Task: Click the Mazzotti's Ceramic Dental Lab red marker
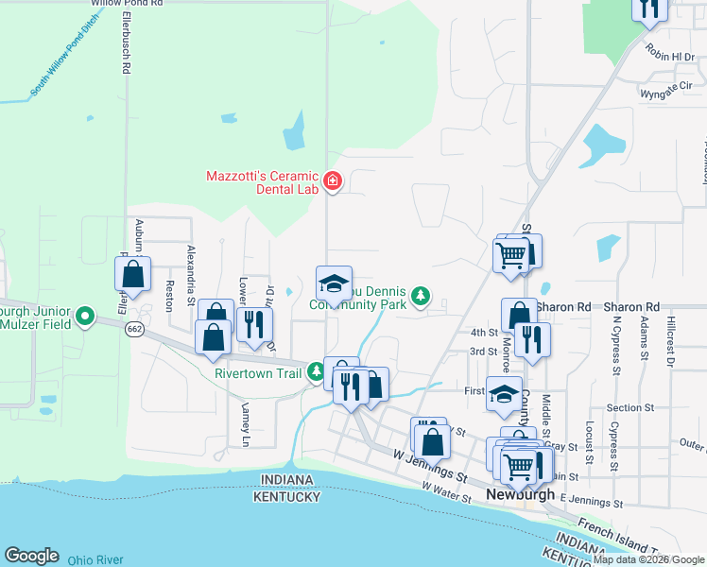pyautogui.click(x=332, y=181)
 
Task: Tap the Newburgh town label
pyautogui.click(x=519, y=494)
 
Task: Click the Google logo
pyautogui.click(x=31, y=556)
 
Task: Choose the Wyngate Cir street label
pyautogui.click(x=665, y=90)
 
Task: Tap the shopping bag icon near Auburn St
pyautogui.click(x=133, y=275)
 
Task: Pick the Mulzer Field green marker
pyautogui.click(x=84, y=316)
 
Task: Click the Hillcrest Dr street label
pyautogui.click(x=671, y=342)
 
